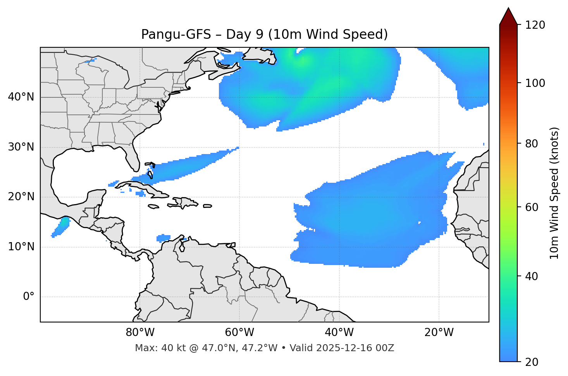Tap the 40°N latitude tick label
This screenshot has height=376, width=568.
coord(21,97)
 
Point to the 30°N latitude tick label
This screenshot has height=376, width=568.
coord(21,147)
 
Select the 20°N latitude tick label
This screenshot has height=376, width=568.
coord(21,197)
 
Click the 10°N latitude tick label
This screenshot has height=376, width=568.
coord(21,247)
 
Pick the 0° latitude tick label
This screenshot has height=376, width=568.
coord(29,297)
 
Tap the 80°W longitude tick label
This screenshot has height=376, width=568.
coord(140,333)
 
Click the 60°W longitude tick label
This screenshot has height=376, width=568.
coord(239,333)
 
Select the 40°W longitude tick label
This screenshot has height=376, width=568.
coord(339,333)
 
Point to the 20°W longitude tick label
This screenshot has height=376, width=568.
coord(439,333)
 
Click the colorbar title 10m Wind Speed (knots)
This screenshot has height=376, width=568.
coord(554,193)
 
